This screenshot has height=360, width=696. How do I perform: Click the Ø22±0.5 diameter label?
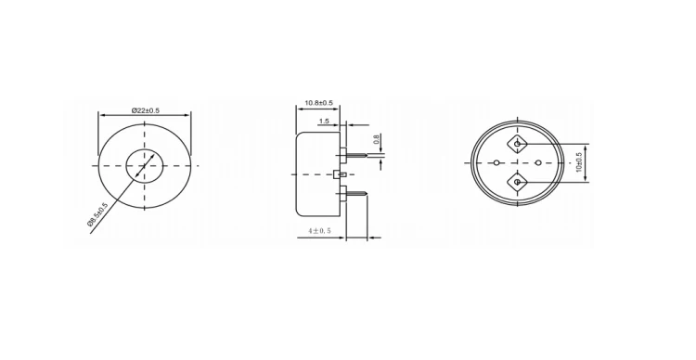coord(145,110)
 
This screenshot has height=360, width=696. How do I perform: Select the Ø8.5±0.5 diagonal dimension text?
coord(98,215)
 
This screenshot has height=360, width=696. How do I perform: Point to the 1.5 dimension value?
coord(324,122)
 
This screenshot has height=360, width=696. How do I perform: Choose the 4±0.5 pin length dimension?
coord(321,230)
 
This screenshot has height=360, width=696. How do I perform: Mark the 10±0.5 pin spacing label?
coord(580,163)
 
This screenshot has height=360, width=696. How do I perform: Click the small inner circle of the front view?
coord(144,165)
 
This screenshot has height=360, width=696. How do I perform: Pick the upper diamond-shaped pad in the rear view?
coord(517,146)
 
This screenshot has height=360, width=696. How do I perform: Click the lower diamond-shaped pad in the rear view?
coord(517,182)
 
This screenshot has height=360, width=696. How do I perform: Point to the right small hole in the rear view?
coord(537,164)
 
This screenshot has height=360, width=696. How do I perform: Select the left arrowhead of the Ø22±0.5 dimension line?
coord(101,116)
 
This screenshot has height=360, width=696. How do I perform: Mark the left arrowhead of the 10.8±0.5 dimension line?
coord(299,109)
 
